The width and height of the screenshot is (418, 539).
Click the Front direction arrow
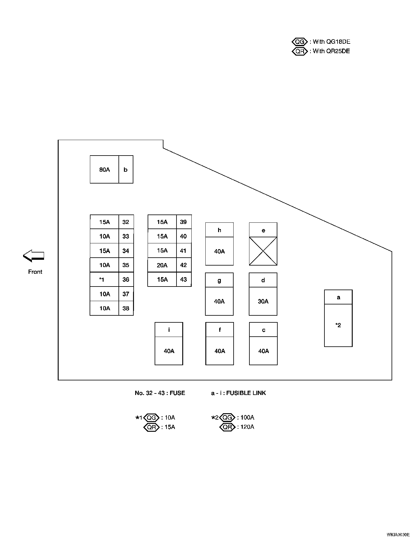33,256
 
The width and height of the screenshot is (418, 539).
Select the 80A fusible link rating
104,170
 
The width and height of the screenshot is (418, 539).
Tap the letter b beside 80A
125,170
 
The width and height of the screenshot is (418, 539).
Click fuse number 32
126,222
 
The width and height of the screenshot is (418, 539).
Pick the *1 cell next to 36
102,280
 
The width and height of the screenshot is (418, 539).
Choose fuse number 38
126,308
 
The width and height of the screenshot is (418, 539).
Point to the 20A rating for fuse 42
162,265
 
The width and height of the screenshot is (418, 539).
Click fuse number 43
183,280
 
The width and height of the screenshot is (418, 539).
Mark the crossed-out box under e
263,251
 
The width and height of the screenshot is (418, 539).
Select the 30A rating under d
263,301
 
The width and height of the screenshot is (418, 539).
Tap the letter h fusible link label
219,230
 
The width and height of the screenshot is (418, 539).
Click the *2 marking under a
338,325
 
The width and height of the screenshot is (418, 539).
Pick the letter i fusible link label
169,330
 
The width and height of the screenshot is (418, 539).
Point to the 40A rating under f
220,351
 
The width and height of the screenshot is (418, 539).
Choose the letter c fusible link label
263,330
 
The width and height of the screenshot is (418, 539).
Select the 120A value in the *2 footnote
247,427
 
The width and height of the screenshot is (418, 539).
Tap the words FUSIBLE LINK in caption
246,393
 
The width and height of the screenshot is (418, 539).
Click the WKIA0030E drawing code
398,534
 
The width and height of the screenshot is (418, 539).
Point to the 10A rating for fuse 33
104,236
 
